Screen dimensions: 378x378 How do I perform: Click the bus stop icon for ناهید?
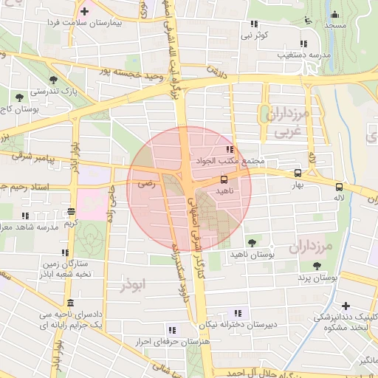click(224, 179)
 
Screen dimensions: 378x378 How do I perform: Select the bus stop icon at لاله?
click(339, 187)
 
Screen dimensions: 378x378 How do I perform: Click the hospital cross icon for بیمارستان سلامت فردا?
click(85, 12)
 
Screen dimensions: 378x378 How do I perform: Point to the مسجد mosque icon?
click(334, 14)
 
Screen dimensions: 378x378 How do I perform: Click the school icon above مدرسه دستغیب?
click(303, 43)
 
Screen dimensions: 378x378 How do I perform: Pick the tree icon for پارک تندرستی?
click(52, 80)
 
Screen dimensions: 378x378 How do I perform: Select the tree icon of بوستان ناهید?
click(252, 242)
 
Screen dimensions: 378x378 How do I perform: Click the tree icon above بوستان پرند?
click(317, 266)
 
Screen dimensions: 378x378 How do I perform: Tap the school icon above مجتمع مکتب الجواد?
click(229, 149)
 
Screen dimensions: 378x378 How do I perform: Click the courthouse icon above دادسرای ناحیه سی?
click(69, 303)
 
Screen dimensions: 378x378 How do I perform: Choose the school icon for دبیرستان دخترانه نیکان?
click(236, 312)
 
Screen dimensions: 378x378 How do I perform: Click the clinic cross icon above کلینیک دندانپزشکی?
click(346, 306)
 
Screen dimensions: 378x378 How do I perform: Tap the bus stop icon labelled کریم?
click(71, 210)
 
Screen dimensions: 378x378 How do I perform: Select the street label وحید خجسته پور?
click(131, 75)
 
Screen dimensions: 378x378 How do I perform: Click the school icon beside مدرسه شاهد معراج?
click(25, 216)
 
